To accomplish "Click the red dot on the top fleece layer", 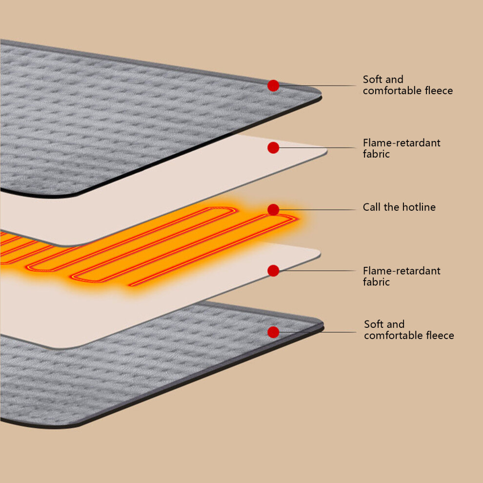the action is [x=273, y=86].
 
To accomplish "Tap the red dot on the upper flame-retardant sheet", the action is [x=273, y=148].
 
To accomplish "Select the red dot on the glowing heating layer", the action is [x=273, y=210].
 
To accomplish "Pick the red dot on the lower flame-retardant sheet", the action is [x=273, y=271].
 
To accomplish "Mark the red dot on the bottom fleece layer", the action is [x=273, y=332].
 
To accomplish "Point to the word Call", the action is [x=372, y=207].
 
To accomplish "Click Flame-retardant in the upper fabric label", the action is [x=402, y=142].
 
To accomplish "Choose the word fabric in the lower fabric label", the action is [x=376, y=282].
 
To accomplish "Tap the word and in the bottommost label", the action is [x=395, y=324].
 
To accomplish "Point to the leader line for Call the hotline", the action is [x=317, y=210].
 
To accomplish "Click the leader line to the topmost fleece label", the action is [x=317, y=86].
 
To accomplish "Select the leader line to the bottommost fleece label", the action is [x=317, y=332].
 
